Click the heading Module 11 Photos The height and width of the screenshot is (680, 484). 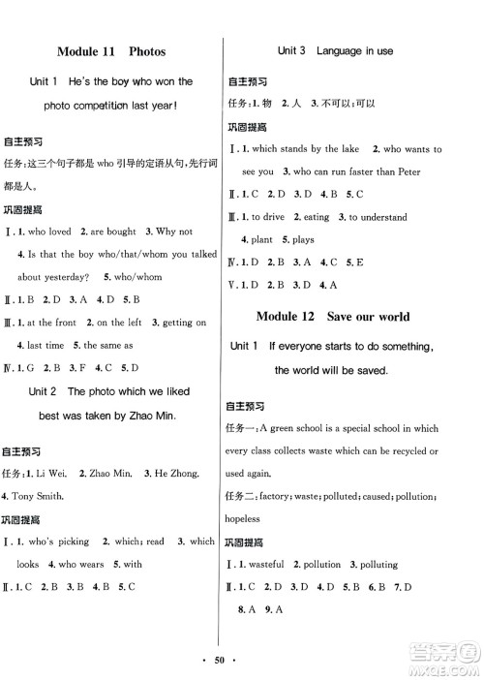[x=111, y=51]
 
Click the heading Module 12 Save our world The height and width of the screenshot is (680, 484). [x=333, y=316]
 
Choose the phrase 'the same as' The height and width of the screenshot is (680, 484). [x=118, y=345]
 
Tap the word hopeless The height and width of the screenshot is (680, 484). [x=243, y=519]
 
